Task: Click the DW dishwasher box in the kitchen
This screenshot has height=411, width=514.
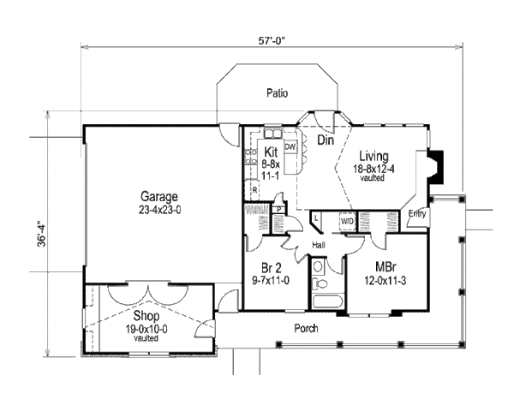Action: coord(290,147)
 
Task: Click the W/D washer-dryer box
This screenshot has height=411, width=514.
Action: coord(347,221)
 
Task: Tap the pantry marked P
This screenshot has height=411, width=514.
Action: coord(279,209)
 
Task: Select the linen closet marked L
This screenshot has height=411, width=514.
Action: coord(317,220)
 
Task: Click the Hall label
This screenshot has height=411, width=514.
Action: coord(318,245)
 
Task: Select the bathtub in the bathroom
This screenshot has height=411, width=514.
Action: coord(326,301)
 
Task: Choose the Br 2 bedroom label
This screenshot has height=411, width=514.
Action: coord(267,265)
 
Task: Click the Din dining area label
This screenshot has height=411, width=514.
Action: coord(325,140)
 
